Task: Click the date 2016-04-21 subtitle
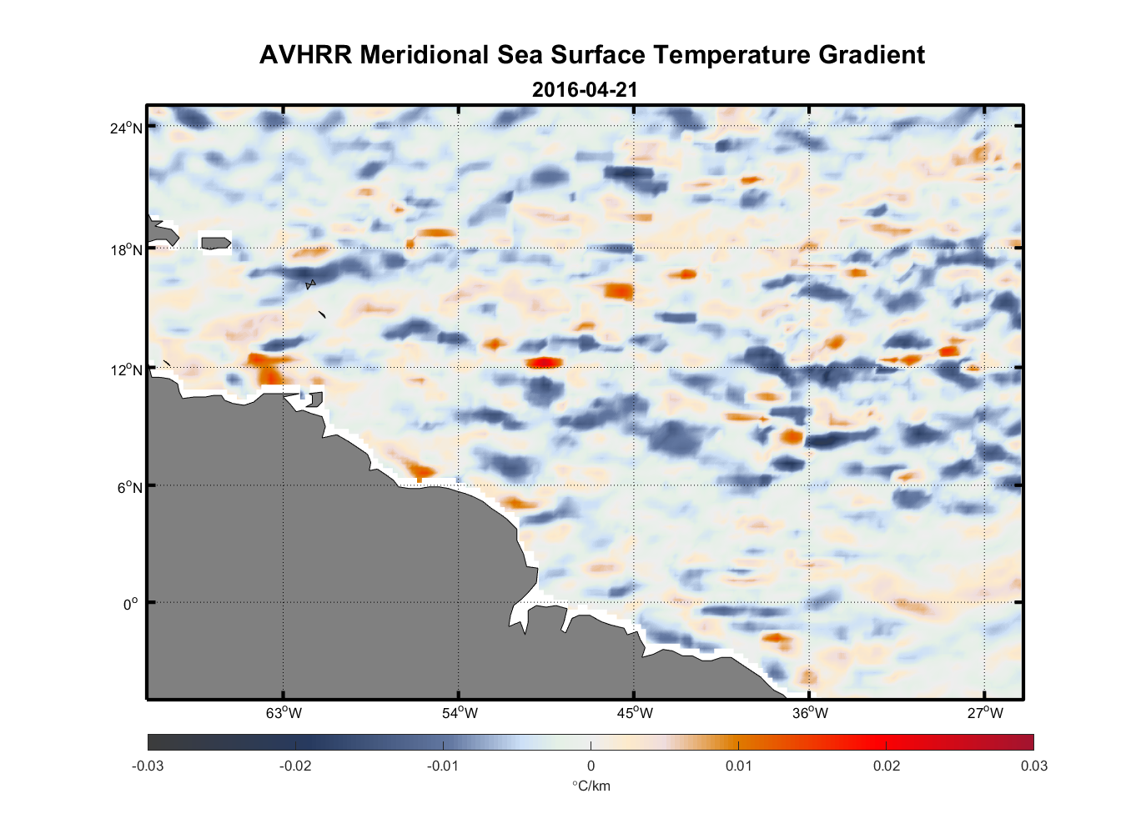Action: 585,90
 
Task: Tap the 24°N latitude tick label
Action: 126,128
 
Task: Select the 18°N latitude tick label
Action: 126,249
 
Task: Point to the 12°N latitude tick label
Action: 126,369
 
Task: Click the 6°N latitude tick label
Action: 129,487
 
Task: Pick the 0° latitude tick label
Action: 131,604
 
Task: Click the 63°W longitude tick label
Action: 284,713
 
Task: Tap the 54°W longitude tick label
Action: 460,713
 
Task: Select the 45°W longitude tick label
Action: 635,713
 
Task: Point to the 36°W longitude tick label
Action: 810,713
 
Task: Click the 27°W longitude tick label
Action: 985,713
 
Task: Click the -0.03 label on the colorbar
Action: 148,766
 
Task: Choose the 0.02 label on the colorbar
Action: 887,766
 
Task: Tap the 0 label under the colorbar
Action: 591,766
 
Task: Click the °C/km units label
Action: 591,786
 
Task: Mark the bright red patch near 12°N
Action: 544,362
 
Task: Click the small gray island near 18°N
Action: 215,244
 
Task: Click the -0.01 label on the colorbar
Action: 443,766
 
